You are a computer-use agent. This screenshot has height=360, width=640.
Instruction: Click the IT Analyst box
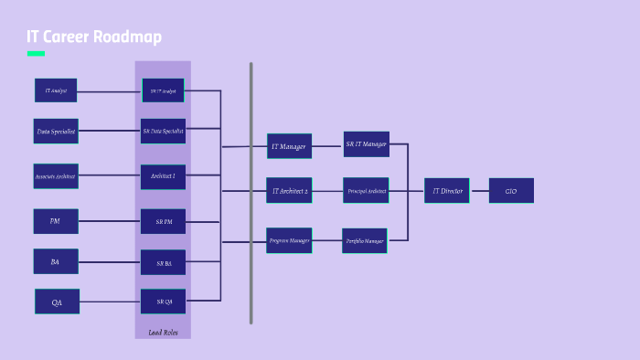(56, 90)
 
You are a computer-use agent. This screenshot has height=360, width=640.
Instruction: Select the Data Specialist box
(56, 132)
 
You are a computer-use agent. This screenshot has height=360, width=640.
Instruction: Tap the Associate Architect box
(56, 175)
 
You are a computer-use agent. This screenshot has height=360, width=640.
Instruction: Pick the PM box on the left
(56, 221)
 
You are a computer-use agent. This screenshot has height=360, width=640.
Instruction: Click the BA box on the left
(56, 261)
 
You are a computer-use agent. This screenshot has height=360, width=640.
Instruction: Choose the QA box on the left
(57, 302)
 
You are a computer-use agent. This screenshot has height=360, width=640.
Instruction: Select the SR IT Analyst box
(163, 90)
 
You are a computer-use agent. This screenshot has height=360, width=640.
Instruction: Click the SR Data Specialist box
(163, 132)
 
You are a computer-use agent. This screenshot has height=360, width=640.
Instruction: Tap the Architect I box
(163, 176)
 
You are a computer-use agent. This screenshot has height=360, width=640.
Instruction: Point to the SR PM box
(163, 222)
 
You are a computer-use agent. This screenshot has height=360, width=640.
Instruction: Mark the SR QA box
(163, 302)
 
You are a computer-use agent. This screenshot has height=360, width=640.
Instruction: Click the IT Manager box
(289, 146)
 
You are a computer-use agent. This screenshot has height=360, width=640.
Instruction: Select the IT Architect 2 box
(289, 191)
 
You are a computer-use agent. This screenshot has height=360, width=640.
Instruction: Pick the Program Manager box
(289, 240)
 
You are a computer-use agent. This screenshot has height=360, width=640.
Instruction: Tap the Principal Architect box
(366, 191)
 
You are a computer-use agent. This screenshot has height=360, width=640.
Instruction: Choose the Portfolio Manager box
(365, 241)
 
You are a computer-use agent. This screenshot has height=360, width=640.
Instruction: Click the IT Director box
(446, 191)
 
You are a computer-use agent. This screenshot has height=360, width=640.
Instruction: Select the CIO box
(511, 191)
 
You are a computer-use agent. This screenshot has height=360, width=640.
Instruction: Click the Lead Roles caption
(162, 333)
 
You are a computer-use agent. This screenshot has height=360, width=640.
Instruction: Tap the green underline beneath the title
(36, 54)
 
